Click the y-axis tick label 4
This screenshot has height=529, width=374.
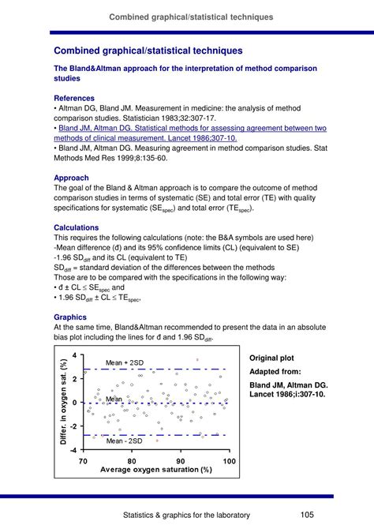point(74,356)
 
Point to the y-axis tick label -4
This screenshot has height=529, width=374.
point(73,449)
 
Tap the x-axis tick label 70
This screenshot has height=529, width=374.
point(84,461)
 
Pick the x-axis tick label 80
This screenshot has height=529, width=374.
point(132,461)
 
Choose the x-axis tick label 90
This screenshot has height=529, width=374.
point(181,461)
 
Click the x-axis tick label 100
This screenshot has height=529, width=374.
point(229,461)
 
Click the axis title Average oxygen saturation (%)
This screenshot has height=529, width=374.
point(156,470)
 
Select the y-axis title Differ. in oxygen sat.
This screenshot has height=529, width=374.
point(63,403)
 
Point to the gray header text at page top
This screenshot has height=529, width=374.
point(191,16)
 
